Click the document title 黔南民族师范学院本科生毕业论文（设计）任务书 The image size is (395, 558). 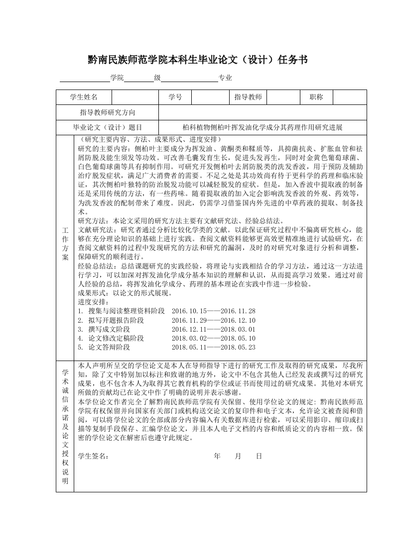pyautogui.click(x=197, y=60)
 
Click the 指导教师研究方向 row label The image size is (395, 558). pyautogui.click(x=108, y=112)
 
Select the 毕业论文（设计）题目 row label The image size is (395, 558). pyautogui.click(x=108, y=127)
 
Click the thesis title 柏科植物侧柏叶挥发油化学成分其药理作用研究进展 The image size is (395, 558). pyautogui.click(x=263, y=127)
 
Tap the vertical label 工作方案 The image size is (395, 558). pyautogui.click(x=65, y=244)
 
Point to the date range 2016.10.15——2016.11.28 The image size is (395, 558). pyautogui.click(x=213, y=311)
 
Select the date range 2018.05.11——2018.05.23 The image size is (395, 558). pyautogui.click(x=213, y=347)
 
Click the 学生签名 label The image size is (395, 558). pyautogui.click(x=93, y=456)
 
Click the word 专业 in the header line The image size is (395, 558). pyautogui.click(x=225, y=78)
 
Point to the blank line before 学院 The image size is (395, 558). pyautogui.click(x=85, y=78)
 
